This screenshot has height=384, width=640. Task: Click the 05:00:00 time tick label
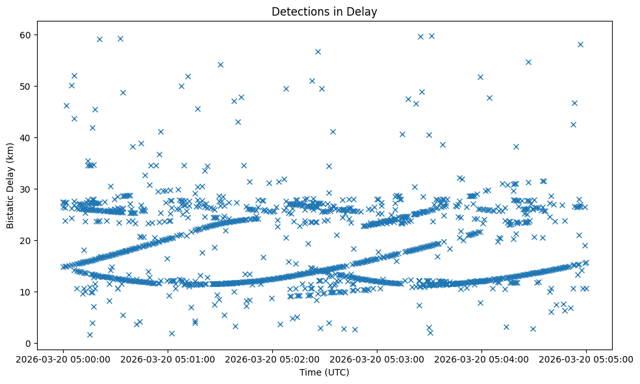pyautogui.click(x=63, y=358)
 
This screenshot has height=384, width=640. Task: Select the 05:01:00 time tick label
pyautogui.click(x=168, y=358)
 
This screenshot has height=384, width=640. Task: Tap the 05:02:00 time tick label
pyautogui.click(x=272, y=358)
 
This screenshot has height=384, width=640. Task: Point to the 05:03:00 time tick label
pyautogui.click(x=377, y=358)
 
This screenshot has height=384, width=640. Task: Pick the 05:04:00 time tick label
pyautogui.click(x=481, y=358)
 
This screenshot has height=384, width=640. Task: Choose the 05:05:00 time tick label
pyautogui.click(x=586, y=358)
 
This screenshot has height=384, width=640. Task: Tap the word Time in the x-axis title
pyautogui.click(x=309, y=372)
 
